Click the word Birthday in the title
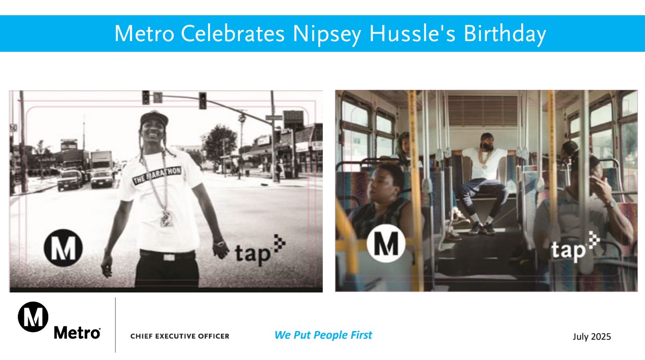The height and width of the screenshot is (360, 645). [504, 34]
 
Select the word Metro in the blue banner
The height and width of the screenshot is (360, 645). [145, 34]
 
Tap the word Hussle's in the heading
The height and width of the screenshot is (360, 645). [412, 34]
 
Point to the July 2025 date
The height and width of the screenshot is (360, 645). [591, 337]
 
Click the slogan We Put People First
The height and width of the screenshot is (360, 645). [323, 335]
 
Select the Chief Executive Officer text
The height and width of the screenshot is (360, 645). [180, 336]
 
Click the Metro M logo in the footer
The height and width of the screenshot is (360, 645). [33, 317]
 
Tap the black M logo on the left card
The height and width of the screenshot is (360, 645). [63, 248]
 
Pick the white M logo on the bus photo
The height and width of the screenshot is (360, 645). [386, 243]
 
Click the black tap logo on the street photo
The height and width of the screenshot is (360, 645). [260, 250]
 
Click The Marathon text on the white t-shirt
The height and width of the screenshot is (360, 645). [157, 175]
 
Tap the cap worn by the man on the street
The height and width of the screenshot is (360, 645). [154, 118]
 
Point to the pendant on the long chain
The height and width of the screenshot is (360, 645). [166, 218]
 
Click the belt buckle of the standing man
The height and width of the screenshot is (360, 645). [169, 257]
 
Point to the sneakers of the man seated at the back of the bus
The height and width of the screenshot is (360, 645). [482, 228]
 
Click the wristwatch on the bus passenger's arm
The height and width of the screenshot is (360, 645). [610, 204]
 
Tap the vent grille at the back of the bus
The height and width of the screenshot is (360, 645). [483, 111]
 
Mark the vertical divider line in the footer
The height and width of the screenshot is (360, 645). [116, 325]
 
